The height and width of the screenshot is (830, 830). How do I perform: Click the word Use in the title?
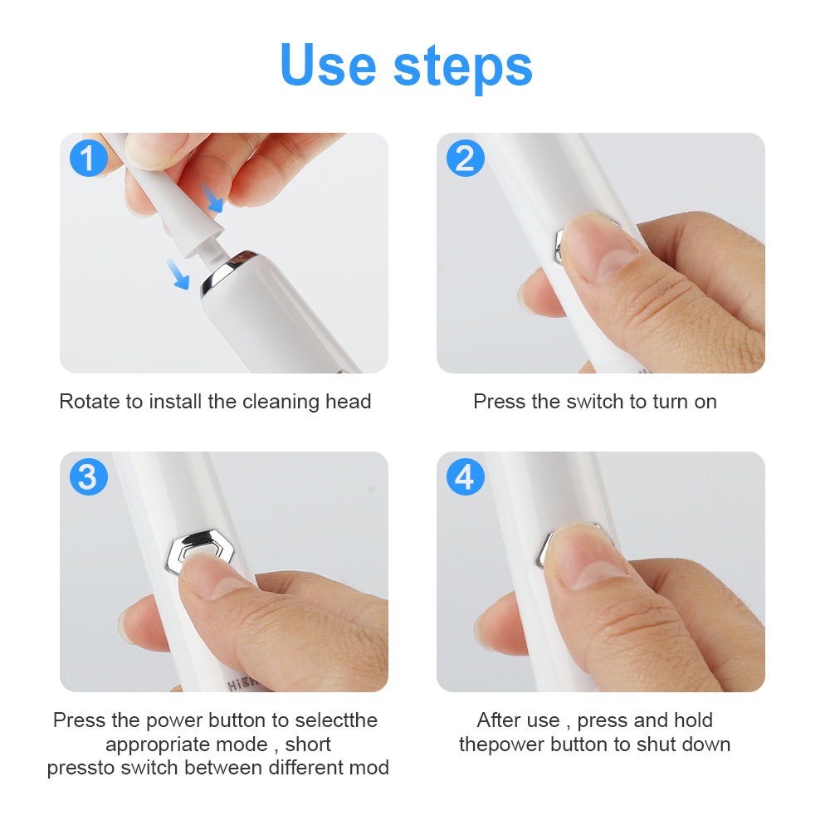(328, 65)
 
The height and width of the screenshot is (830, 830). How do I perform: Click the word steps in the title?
(462, 68)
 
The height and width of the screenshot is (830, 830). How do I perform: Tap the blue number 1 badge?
(89, 158)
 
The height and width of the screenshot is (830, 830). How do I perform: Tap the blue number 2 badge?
(466, 158)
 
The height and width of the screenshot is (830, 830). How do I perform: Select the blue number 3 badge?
(89, 476)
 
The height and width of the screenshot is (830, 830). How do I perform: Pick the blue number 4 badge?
(466, 476)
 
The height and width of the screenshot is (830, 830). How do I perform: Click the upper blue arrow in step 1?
(212, 198)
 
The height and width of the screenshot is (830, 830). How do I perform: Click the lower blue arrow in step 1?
(178, 273)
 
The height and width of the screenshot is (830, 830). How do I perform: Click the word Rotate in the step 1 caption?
(90, 401)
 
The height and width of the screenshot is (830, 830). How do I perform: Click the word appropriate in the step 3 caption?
(186, 745)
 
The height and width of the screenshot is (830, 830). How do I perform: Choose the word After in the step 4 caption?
(502, 720)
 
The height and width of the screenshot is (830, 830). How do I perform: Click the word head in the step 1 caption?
(348, 401)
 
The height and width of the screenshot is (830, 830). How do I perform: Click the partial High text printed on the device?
(242, 683)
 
